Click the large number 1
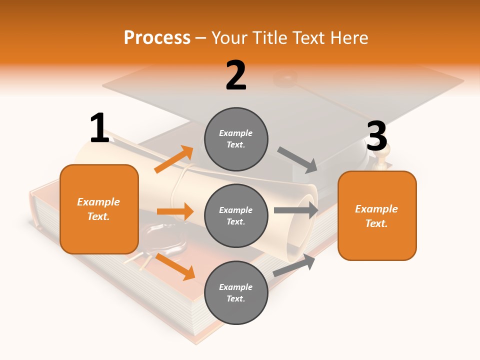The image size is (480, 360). click(99, 128)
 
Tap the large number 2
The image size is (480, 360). click(236, 75)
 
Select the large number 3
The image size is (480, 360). click(376, 136)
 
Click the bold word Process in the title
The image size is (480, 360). click(157, 37)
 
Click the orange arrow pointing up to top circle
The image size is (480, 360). click(174, 159)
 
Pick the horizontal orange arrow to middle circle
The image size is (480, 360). click(175, 211)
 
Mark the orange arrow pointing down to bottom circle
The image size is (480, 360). click(175, 266)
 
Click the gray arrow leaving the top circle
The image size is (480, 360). click(297, 159)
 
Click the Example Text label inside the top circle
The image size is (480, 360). click(236, 139)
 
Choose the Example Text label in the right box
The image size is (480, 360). click(376, 216)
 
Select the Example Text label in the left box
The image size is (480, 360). click(98, 209)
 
